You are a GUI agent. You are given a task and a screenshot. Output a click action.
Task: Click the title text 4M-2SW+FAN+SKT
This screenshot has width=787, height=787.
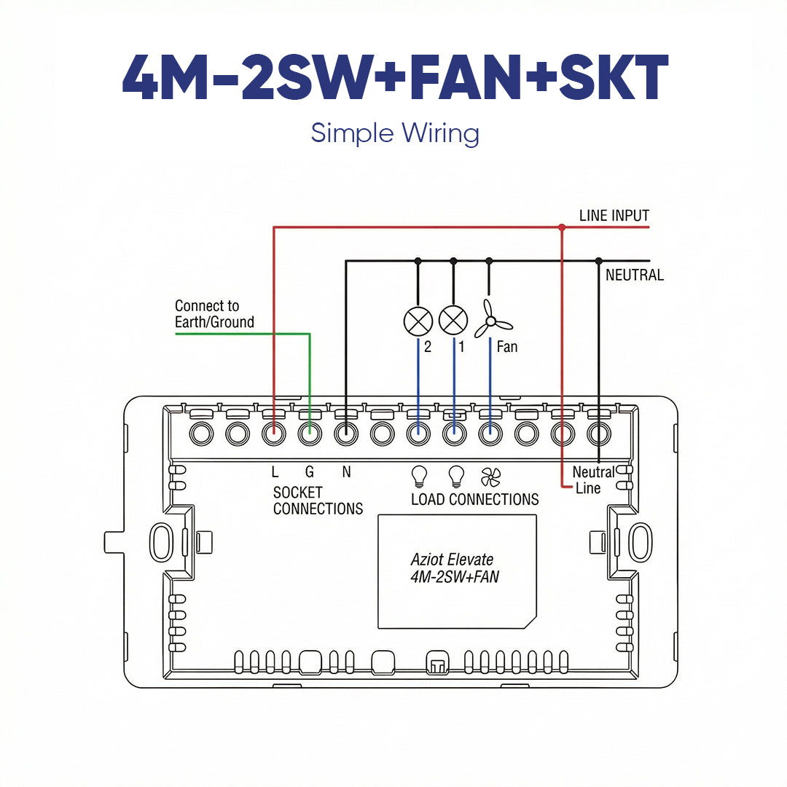pos(394,77)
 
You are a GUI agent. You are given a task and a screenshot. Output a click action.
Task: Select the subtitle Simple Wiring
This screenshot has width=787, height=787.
pos(394,134)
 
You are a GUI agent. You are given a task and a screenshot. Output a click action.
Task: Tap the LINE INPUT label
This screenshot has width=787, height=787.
pos(614,216)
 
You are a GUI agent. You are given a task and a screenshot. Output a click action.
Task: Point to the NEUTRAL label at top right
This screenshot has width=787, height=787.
pos(635,275)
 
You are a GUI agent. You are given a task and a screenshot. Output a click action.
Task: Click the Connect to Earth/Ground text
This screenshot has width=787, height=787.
pos(214,314)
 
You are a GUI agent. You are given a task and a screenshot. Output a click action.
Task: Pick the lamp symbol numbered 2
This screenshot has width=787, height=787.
pos(418,321)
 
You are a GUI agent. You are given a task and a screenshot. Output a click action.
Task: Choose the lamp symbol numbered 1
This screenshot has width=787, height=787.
pos(453,321)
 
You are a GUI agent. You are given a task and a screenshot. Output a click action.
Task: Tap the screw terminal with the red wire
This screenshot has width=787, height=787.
pos(273,435)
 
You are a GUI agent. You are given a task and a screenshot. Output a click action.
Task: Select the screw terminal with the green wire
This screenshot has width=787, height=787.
pos(310,435)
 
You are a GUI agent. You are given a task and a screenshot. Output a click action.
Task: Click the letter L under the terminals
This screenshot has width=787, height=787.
pos(275,472)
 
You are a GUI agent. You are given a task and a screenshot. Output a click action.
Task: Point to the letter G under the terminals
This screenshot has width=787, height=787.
pos(310,472)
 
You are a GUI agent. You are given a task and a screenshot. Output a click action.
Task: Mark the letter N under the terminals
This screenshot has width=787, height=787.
pos(346,472)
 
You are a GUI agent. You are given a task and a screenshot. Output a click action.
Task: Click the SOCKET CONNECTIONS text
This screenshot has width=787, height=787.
pos(318,501)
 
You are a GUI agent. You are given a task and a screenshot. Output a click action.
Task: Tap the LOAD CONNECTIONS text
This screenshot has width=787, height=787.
pos(474,500)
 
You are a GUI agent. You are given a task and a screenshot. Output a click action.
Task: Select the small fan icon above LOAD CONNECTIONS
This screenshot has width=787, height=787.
pos(491,477)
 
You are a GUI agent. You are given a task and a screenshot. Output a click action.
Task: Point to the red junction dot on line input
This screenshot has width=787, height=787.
pos(561,227)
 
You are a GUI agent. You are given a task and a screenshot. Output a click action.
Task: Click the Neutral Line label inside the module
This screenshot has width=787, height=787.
pos(592,480)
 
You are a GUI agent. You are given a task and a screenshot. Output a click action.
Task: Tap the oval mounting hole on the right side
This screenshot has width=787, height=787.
pos(641,541)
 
